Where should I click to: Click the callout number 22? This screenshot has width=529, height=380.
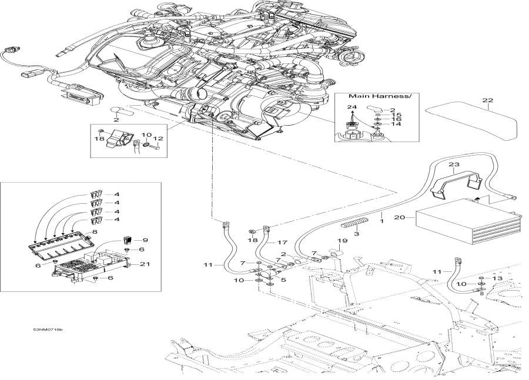488,100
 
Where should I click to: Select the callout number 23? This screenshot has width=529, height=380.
454,164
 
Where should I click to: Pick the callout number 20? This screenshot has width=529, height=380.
400,217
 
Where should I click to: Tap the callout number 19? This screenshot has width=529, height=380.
342,241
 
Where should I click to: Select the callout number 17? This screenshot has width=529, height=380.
282,242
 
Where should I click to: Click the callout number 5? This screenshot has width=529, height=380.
283,280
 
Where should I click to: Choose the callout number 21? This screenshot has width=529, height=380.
145,264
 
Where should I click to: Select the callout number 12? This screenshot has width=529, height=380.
158,138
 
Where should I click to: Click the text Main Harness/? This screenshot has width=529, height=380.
380,96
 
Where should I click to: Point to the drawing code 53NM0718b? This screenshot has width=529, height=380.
48,329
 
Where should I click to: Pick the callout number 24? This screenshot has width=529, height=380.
352,107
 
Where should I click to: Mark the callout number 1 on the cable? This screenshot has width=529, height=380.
381,221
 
